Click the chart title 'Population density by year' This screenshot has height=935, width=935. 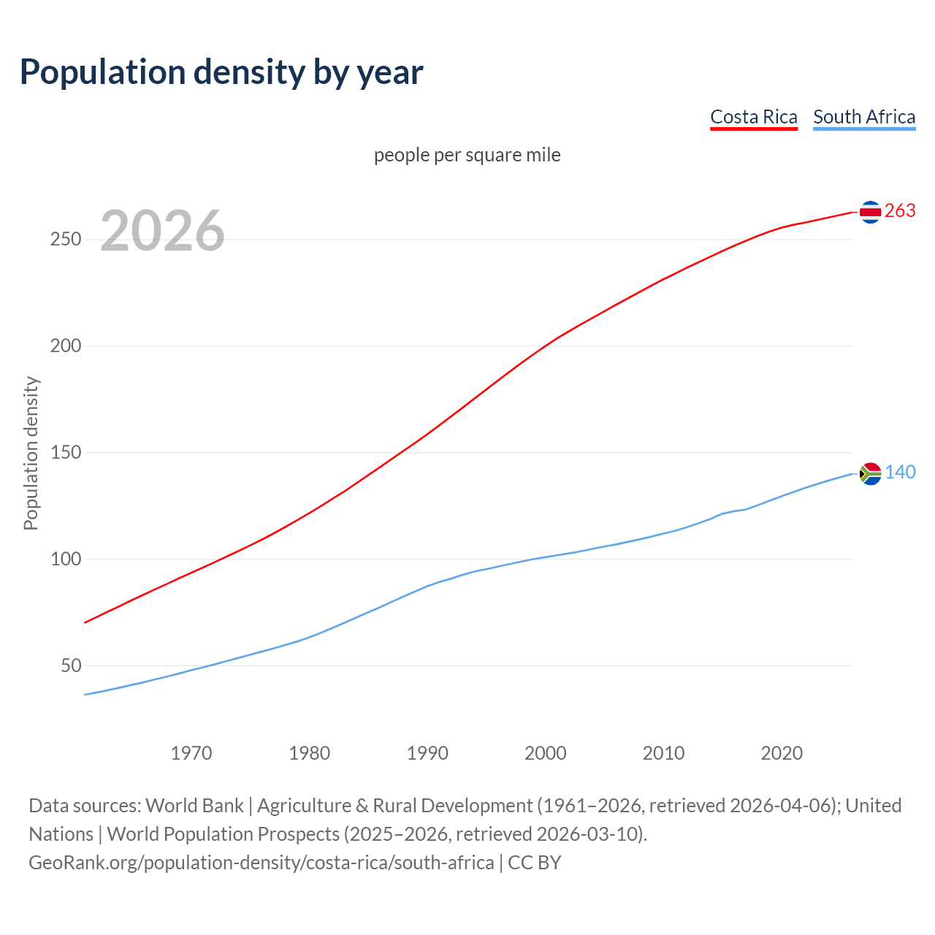click(x=221, y=72)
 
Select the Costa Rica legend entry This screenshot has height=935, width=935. click(x=754, y=117)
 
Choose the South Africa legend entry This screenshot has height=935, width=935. click(x=864, y=117)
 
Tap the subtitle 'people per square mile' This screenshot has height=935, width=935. click(x=467, y=156)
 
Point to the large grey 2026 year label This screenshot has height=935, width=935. click(x=162, y=231)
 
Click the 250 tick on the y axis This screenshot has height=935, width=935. click(x=65, y=240)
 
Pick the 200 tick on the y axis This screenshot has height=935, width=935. click(x=65, y=346)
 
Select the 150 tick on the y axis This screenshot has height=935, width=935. click(x=65, y=453)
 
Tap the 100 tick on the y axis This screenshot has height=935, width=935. click(x=65, y=560)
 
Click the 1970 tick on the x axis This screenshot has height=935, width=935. click(x=191, y=753)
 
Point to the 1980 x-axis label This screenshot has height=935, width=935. click(x=310, y=753)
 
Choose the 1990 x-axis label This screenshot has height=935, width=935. click(x=427, y=753)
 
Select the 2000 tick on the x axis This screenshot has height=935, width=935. click(x=546, y=753)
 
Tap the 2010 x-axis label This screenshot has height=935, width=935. click(x=663, y=753)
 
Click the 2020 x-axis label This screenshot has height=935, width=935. click(x=782, y=753)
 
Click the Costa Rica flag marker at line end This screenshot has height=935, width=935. click(x=870, y=212)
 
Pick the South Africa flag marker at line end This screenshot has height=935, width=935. click(x=870, y=473)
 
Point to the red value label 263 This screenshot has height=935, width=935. click(x=900, y=211)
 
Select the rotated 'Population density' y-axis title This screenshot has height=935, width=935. click(x=31, y=453)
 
